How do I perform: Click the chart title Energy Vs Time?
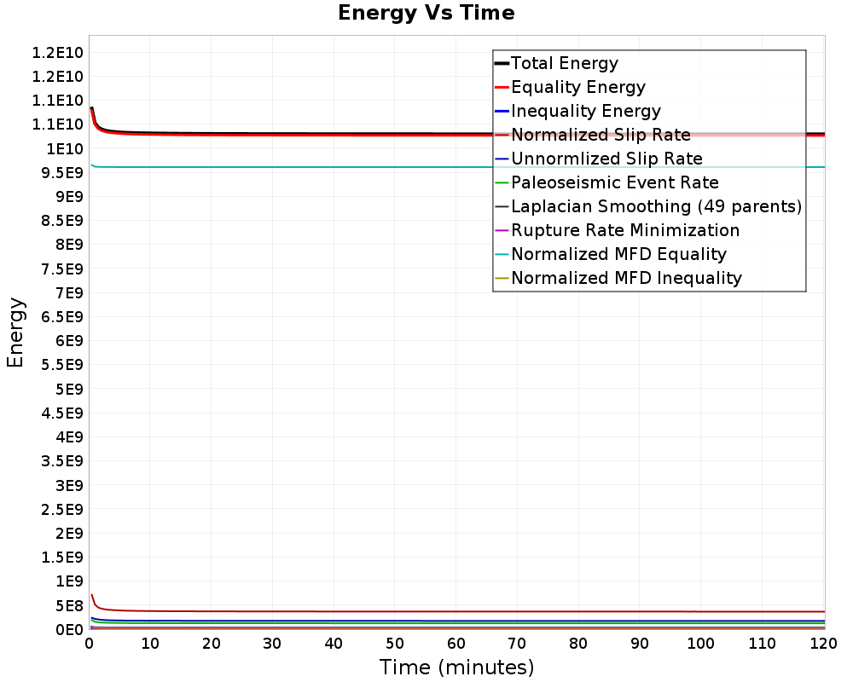426,13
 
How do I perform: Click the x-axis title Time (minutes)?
456,667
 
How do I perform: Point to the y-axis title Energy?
15,332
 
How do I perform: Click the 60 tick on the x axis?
456,644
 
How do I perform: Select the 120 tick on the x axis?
824,644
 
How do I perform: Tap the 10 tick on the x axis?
150,644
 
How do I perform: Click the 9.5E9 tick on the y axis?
62,172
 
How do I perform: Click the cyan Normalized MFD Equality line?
457,167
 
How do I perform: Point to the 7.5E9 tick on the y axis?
62,269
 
